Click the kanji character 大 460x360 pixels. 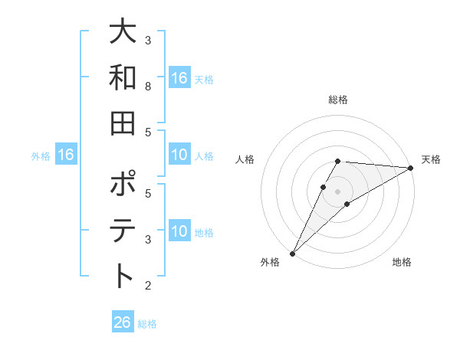123,33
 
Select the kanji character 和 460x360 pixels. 123,77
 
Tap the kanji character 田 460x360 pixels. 123,122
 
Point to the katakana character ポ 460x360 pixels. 123,187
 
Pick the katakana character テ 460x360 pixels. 123,231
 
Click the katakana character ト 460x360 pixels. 123,276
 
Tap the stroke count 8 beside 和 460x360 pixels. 148,87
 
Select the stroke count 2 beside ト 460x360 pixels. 148,286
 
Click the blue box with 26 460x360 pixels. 123,322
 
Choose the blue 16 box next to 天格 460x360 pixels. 179,78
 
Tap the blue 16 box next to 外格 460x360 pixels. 66,155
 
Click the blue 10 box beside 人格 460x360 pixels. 179,155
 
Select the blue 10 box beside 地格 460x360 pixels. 179,232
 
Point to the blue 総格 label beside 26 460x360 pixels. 147,324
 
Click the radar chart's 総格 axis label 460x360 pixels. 337,100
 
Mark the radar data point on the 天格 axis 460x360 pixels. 410,168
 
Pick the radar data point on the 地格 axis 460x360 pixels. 347,204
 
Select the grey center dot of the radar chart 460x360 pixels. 337,191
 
